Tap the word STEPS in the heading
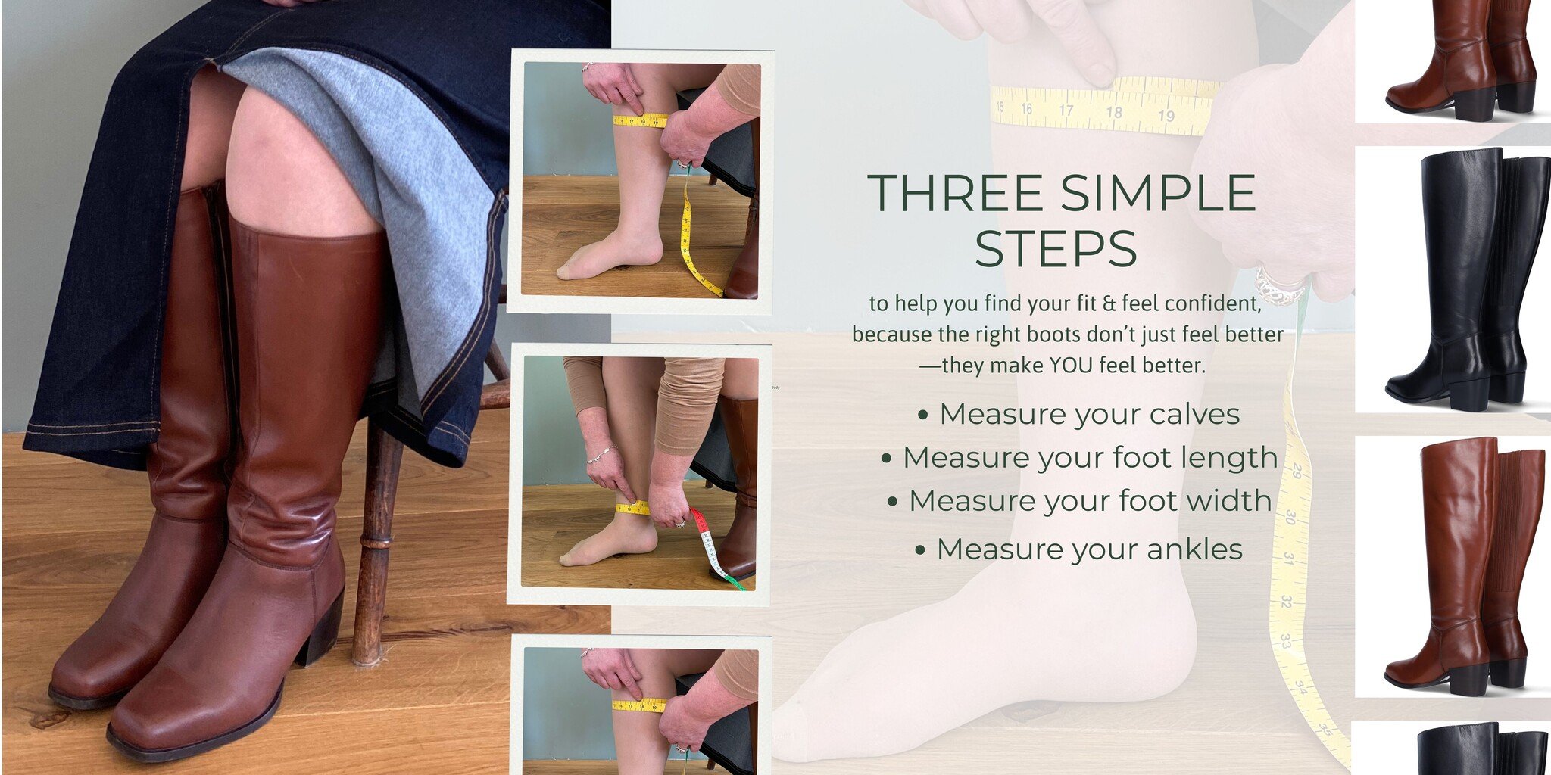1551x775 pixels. [1056, 249]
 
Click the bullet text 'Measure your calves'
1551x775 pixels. [1089, 415]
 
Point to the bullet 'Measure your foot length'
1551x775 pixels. [1091, 458]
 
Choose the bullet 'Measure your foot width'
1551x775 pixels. [1090, 501]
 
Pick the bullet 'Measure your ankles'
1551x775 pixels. [1089, 549]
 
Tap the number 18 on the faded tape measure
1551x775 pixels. [1114, 112]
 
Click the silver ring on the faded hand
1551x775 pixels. [1279, 285]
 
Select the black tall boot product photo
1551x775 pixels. [1453, 279]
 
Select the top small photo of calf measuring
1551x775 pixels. [640, 181]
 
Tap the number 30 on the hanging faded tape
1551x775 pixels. [1290, 518]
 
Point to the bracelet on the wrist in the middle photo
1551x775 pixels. [598, 456]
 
